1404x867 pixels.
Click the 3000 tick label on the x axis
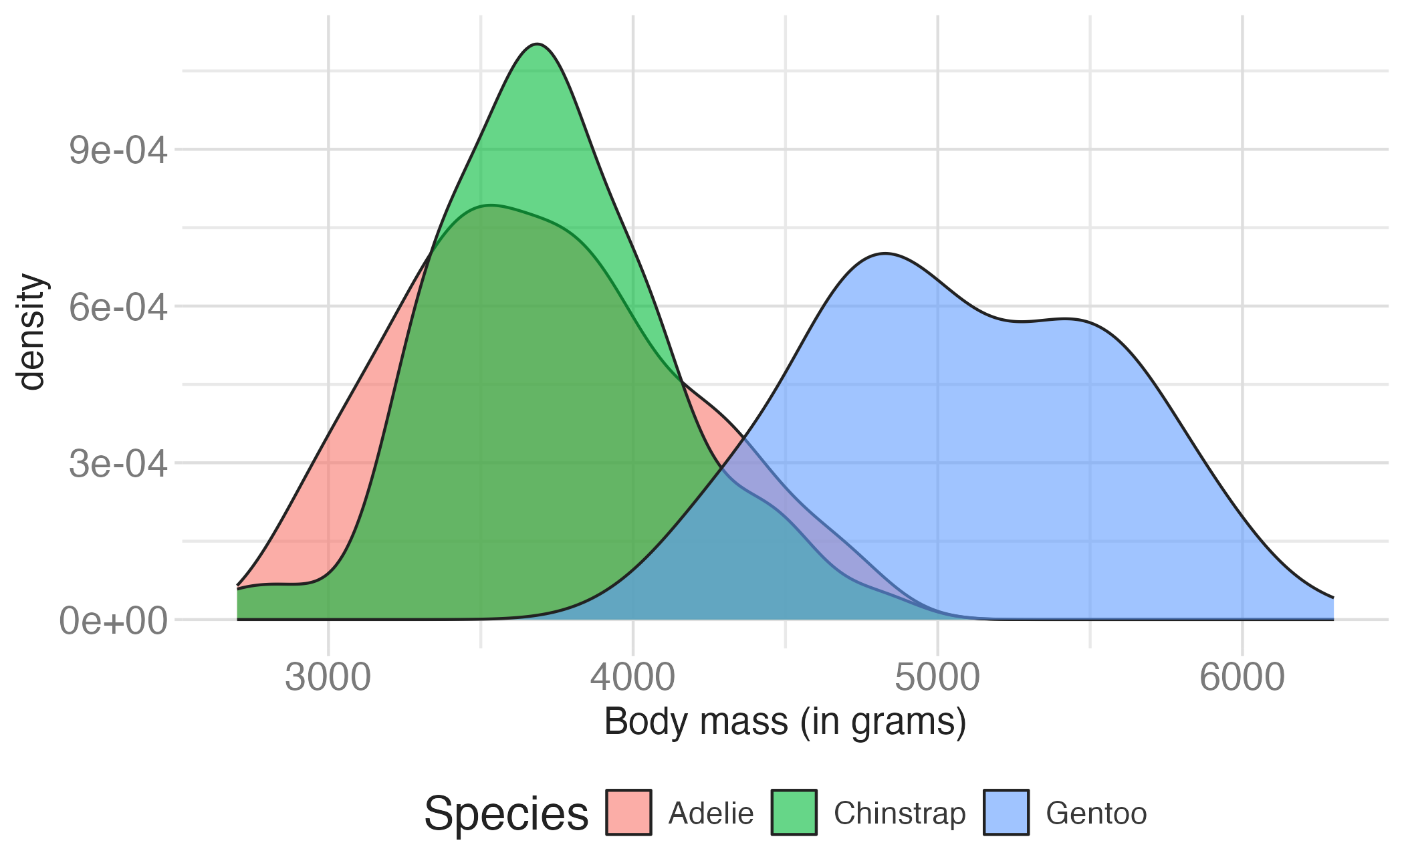pos(328,677)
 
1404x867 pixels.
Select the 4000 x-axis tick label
pos(632,677)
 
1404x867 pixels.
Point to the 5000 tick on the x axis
pos(937,677)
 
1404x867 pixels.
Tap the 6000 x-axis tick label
pos(1242,677)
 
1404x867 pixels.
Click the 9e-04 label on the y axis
pos(118,150)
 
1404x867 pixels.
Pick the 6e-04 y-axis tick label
pos(118,307)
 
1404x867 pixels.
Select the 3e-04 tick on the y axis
pos(118,463)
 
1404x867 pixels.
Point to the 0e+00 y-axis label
pos(114,621)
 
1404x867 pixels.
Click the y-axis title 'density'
pos(31,332)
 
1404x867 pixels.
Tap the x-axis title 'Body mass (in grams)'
pos(785,723)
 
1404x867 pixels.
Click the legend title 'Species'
pos(506,814)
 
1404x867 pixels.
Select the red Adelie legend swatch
pos(628,813)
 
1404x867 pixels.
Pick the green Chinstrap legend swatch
pos(794,813)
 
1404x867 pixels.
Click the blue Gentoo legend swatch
pos(1006,813)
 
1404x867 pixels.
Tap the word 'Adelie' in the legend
pos(711,814)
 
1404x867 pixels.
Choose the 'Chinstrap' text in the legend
pos(899,814)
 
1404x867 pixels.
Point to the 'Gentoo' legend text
pos(1096,814)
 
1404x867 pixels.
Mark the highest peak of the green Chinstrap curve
pos(538,45)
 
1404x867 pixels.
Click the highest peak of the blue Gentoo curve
pos(885,254)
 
